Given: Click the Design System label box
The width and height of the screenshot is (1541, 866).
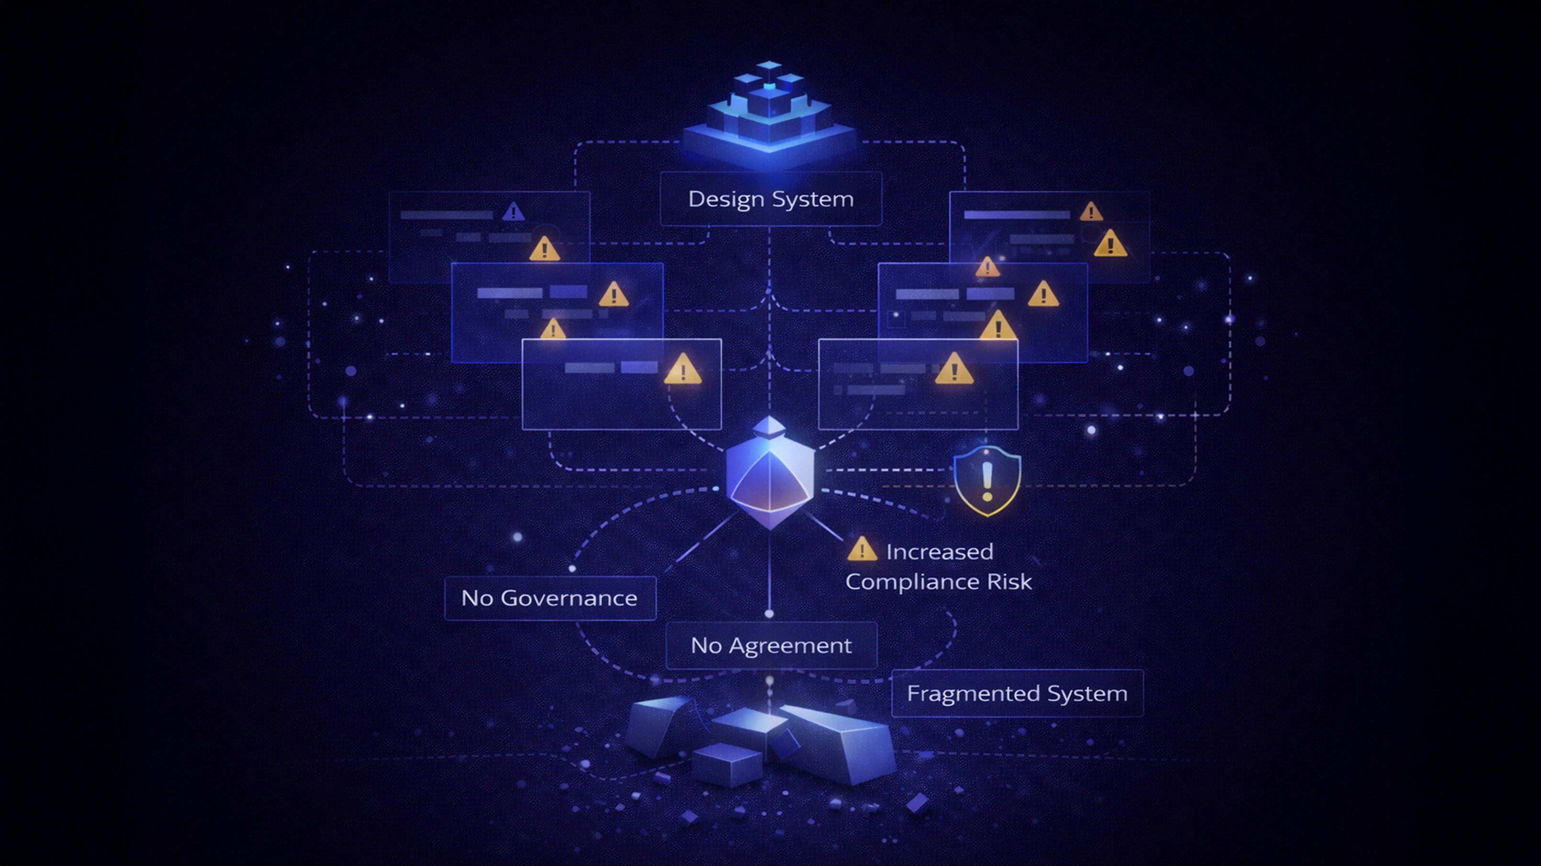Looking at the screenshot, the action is click(770, 199).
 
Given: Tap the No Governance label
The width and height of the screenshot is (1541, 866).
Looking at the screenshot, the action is click(550, 598).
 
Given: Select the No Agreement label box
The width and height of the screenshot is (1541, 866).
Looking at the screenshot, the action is click(771, 645).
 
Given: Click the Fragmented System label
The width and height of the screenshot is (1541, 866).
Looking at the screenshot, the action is click(1017, 693).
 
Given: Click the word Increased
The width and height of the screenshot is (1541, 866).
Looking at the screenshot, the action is click(939, 551).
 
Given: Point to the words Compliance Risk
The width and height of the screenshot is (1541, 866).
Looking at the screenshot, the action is click(938, 582).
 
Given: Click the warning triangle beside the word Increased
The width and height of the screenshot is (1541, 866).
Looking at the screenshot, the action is click(861, 550).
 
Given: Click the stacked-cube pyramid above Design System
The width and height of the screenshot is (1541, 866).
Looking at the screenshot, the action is click(770, 114).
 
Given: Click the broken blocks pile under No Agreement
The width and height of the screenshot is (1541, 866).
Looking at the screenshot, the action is click(760, 742).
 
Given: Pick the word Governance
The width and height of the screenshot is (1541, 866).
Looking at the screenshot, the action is click(569, 598).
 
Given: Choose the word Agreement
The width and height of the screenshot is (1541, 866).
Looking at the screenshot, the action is click(790, 645).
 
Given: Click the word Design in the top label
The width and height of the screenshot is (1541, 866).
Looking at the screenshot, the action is click(721, 199).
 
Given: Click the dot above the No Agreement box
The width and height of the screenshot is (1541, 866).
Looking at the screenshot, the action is click(770, 613).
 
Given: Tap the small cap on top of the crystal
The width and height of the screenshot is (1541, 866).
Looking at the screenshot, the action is click(770, 426).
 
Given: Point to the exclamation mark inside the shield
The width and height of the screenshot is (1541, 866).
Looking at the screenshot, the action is click(987, 481).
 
